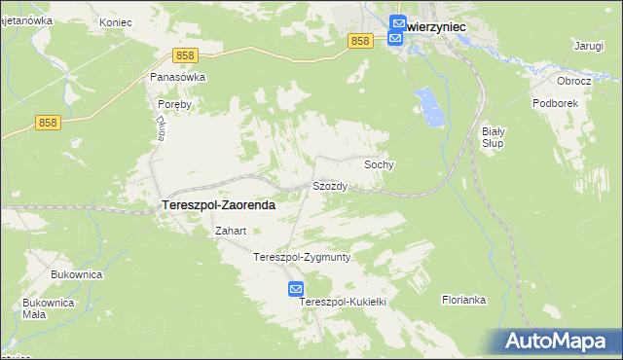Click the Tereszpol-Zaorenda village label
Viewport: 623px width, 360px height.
click(216, 206)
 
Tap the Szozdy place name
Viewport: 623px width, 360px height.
click(330, 186)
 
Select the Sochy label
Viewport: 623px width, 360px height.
click(379, 165)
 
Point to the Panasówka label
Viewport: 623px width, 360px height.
click(178, 76)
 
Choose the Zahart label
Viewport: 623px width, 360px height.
click(230, 232)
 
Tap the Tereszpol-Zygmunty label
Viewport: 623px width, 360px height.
click(302, 258)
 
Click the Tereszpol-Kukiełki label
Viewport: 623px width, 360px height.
click(344, 302)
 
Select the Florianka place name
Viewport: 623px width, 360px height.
click(463, 300)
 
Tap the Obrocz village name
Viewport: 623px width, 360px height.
click(574, 81)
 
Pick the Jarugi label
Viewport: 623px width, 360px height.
click(589, 46)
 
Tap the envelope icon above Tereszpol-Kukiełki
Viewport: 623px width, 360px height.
click(296, 289)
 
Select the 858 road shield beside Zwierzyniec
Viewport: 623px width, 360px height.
click(360, 40)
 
